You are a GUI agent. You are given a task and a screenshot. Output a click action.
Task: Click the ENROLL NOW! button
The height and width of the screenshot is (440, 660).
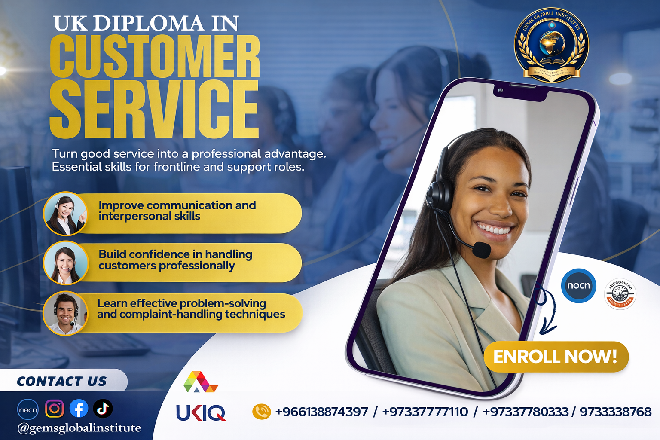tap(556, 357)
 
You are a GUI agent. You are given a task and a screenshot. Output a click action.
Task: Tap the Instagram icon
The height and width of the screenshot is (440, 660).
tap(54, 409)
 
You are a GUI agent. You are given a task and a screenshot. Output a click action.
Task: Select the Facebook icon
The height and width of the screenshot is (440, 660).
tap(79, 409)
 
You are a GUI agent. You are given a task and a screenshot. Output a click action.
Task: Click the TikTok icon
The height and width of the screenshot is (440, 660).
tap(103, 409)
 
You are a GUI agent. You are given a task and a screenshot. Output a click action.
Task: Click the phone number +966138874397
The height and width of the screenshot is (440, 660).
tap(321, 412)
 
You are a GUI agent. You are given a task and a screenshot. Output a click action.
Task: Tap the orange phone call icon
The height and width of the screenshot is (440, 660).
tap(261, 412)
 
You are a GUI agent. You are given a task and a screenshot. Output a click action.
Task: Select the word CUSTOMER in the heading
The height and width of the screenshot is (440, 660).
tap(155, 57)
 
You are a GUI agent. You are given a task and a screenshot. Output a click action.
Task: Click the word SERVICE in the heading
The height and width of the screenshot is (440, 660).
tap(154, 109)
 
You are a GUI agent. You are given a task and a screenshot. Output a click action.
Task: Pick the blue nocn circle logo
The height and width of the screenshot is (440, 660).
tap(578, 286)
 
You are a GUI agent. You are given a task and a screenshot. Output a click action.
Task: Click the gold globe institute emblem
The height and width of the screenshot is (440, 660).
tap(551, 46)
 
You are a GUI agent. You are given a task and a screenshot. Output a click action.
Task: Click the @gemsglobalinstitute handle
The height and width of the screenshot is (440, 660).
tap(79, 428)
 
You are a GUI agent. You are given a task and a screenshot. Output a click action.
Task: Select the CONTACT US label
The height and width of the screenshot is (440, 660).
tap(62, 381)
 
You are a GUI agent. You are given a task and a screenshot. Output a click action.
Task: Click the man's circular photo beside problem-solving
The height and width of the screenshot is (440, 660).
tap(65, 313)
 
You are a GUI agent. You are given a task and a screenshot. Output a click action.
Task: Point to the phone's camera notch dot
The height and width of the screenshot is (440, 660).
tap(500, 91)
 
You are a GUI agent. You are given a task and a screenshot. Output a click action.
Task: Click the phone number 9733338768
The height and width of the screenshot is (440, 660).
tap(615, 412)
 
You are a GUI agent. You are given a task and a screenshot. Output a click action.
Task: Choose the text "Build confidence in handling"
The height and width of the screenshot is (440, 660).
tap(175, 254)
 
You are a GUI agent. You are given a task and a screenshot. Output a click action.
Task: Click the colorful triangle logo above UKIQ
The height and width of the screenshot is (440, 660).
tap(200, 382)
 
